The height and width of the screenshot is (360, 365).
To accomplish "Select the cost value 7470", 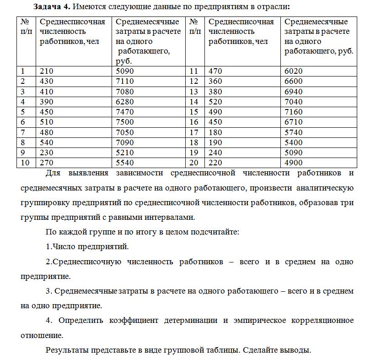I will [124, 112].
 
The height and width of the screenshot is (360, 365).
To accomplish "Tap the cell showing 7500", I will [124, 122].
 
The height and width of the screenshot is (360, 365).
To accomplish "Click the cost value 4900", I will [293, 163].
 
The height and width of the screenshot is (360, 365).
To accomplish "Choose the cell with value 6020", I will [293, 71].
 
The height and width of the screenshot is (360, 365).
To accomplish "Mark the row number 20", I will [193, 163].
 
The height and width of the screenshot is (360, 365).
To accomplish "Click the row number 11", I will [193, 71].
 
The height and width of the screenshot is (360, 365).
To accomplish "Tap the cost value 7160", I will [293, 112].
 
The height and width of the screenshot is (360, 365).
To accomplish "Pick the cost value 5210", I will [124, 153].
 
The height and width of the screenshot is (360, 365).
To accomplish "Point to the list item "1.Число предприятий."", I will [87, 246].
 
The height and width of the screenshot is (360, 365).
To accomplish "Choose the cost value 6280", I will [124, 102].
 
